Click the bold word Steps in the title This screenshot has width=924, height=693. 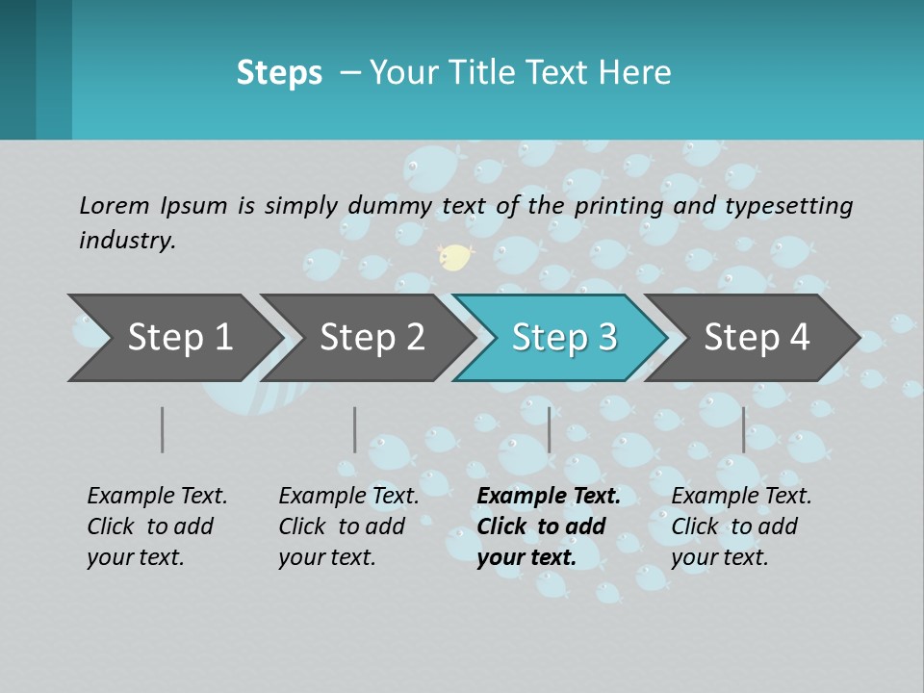pos(279,73)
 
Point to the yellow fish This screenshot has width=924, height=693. pos(455,256)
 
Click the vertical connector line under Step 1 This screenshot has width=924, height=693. pos(163,429)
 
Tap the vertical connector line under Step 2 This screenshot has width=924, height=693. pos(355,429)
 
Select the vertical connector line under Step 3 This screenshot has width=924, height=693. pos(550,429)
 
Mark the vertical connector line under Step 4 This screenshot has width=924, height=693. pos(744,429)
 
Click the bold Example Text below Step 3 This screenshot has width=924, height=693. pos(549,526)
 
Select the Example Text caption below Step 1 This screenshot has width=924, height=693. pos(157,526)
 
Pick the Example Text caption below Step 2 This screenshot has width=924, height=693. pos(348,526)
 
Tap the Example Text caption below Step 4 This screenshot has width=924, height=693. pos(741,526)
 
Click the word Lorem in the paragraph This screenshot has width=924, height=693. pos(115,205)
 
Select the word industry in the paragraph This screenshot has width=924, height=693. pos(127,241)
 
